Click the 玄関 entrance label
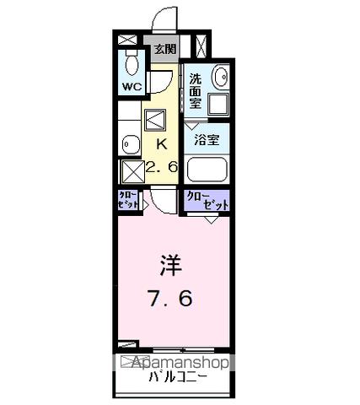pyautogui.click(x=164, y=48)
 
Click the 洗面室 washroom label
pyautogui.click(x=196, y=91)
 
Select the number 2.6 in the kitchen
pyautogui.click(x=161, y=167)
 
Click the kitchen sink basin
pyautogui.click(x=129, y=143)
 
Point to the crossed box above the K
pyautogui.click(x=158, y=119)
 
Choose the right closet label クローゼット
pyautogui.click(x=207, y=201)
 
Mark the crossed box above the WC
pyautogui.click(x=127, y=40)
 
